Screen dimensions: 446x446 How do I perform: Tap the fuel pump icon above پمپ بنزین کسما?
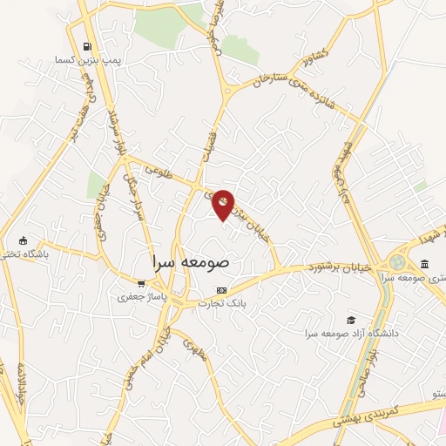85,47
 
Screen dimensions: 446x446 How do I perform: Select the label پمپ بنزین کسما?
79,60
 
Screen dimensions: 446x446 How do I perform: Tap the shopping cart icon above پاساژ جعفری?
141,284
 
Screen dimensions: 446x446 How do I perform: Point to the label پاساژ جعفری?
140,297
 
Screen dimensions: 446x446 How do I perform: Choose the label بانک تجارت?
221,303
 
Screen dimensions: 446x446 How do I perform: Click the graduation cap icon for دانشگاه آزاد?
351,321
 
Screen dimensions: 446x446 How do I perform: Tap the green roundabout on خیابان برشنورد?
398,261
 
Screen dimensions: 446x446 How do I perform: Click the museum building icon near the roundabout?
424,264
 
